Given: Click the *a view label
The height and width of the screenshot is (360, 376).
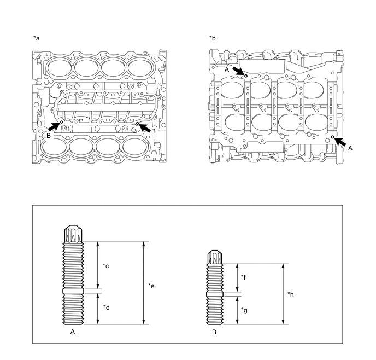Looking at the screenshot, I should pyautogui.click(x=36, y=38).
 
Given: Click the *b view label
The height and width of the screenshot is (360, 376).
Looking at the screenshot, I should pyautogui.click(x=213, y=38).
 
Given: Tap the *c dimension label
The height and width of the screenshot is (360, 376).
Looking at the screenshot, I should pyautogui.click(x=106, y=266).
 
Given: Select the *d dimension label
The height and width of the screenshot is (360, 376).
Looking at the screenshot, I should pyautogui.click(x=106, y=307).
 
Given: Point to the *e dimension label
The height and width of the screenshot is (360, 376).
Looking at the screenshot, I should pyautogui.click(x=151, y=286).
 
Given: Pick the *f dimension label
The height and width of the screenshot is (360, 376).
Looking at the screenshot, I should pyautogui.click(x=244, y=277).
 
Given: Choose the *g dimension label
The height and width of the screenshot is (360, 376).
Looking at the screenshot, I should pyautogui.click(x=244, y=310).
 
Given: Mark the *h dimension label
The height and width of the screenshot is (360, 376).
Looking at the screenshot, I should pyautogui.click(x=291, y=294).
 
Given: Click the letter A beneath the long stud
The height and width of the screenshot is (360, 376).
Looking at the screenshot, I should pyautogui.click(x=73, y=332).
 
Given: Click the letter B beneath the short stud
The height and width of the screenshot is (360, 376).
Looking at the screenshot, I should pyautogui.click(x=214, y=332).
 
